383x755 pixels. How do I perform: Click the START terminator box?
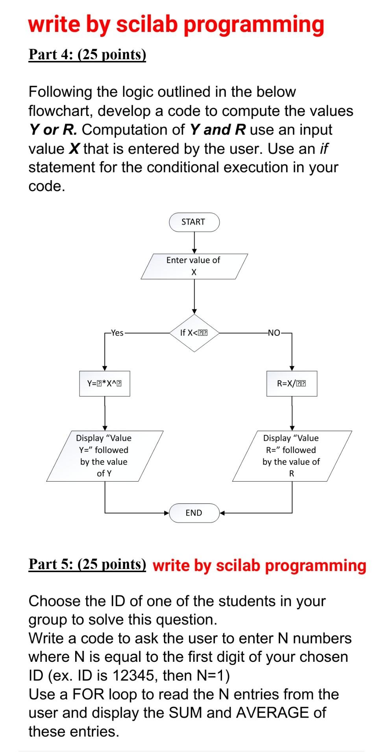[194, 222]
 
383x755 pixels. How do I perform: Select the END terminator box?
[194, 513]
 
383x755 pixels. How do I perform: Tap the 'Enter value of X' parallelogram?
[194, 266]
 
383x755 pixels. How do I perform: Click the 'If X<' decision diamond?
[194, 333]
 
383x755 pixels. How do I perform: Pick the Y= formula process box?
[104, 383]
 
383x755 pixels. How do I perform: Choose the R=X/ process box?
[292, 383]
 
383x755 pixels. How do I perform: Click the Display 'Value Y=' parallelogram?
[104, 456]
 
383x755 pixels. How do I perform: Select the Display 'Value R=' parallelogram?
[292, 456]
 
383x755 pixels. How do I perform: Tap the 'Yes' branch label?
[117, 333]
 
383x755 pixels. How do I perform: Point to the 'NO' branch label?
[274, 333]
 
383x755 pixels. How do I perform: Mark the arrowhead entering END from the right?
[222, 513]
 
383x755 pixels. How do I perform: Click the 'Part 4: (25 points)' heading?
[87, 54]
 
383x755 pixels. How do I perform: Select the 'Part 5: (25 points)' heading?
[87, 564]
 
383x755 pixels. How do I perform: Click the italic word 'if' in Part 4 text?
[324, 149]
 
